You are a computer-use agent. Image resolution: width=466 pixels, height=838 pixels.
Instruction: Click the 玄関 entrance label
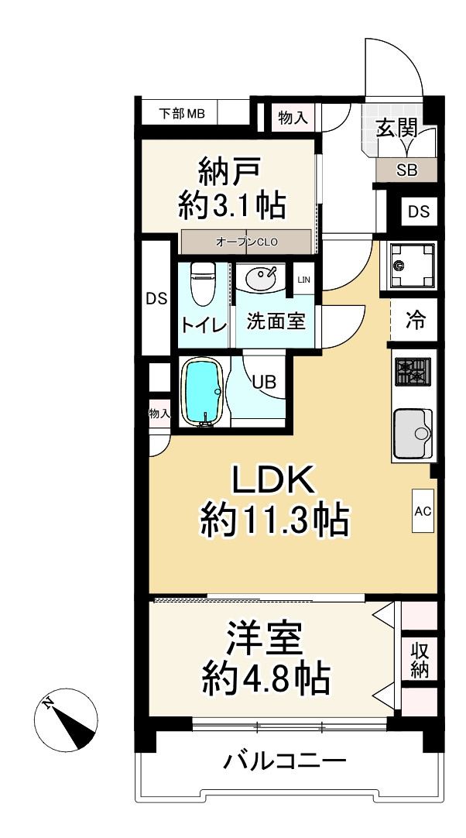click(397, 129)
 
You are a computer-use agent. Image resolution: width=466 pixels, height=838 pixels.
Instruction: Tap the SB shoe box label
click(406, 171)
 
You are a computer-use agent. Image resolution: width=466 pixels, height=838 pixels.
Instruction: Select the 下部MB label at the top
click(182, 114)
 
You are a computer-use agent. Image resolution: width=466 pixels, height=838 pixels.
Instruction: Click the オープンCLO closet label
click(247, 242)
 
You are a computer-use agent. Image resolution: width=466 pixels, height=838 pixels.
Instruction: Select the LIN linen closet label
click(304, 280)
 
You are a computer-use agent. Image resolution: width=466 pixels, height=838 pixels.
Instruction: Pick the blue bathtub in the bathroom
click(204, 392)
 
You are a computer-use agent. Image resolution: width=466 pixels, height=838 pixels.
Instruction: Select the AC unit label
click(423, 511)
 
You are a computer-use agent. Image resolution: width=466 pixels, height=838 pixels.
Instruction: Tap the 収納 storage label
click(420, 658)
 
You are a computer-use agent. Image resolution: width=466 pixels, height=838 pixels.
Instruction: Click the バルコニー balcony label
click(284, 762)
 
